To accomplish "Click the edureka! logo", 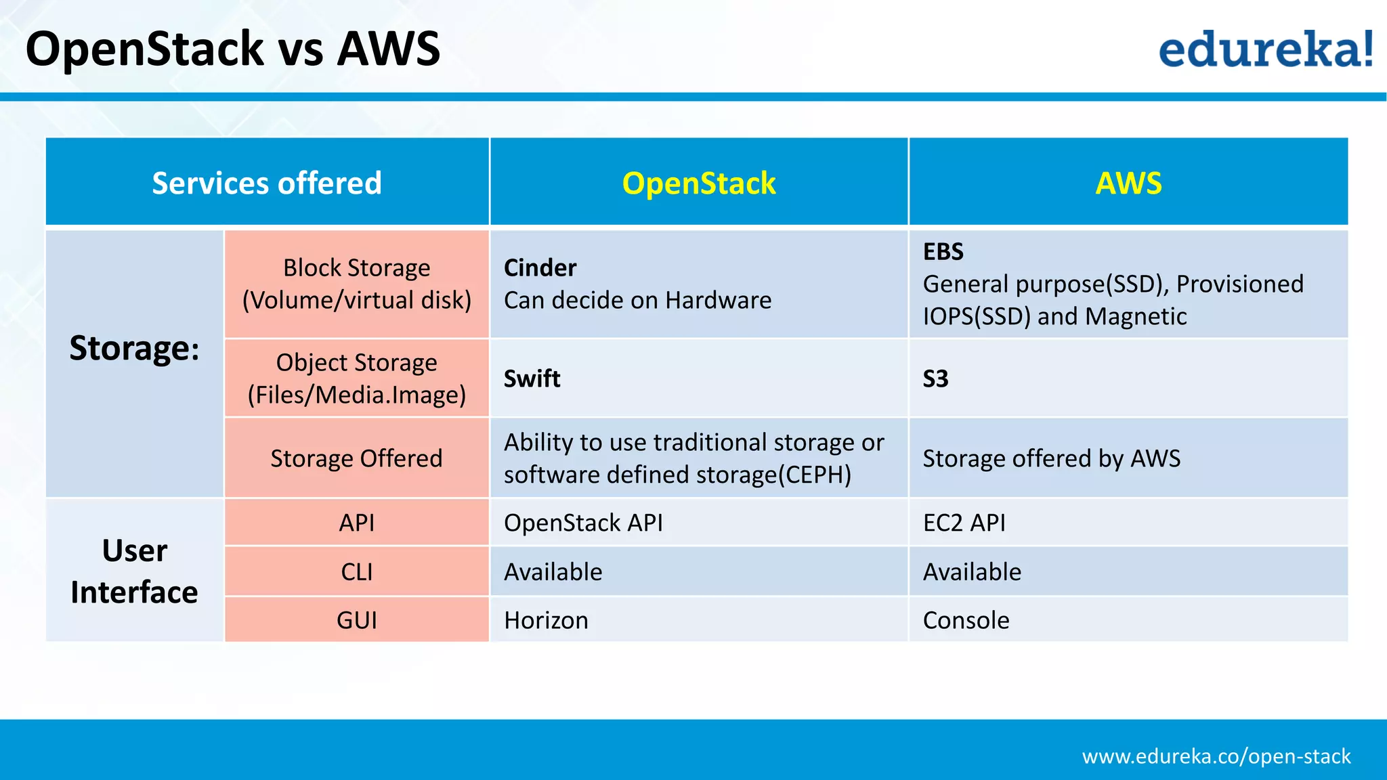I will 1265,49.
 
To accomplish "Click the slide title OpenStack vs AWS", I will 233,49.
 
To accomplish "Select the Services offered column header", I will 267,183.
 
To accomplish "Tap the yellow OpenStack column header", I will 699,183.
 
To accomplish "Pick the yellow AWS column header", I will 1128,183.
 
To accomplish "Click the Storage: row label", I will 134,349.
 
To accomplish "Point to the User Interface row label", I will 134,571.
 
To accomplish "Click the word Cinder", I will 540,268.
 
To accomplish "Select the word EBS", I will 943,252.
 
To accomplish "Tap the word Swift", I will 532,378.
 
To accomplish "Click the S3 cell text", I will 935,378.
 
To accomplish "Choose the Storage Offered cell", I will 356,458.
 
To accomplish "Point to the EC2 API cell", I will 964,523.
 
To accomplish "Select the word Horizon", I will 546,620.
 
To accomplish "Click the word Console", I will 966,620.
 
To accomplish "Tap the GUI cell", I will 356,620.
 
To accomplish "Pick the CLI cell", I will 356,572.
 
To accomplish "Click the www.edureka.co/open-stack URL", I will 1216,756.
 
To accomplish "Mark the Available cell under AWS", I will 972,572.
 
